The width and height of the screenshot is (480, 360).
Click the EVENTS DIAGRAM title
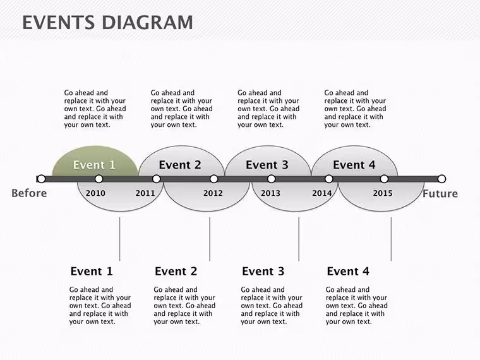[107, 23]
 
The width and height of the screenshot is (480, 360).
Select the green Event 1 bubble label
[94, 165]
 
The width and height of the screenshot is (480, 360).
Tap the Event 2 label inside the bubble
[180, 165]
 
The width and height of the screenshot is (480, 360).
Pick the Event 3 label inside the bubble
[267, 165]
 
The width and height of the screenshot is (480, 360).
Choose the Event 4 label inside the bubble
[354, 165]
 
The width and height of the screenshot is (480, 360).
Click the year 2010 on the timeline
[95, 193]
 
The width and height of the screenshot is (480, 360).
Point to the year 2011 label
[145, 193]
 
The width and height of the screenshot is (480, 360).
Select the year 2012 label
[213, 193]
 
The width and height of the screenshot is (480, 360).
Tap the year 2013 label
[270, 193]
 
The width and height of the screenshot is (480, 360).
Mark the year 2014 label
[321, 193]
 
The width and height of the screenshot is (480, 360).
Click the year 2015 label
[383, 193]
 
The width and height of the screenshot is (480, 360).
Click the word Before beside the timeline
[29, 193]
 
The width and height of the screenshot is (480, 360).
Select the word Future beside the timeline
[440, 193]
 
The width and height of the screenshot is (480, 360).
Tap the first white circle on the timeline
[41, 179]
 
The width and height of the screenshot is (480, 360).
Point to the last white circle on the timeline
[441, 179]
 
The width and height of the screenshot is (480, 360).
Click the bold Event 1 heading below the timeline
[92, 271]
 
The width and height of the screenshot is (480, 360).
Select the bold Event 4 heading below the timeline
[348, 271]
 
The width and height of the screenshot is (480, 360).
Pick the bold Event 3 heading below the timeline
[263, 271]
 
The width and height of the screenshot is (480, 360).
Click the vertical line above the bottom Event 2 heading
[210, 239]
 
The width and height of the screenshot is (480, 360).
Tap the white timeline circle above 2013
[271, 179]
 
